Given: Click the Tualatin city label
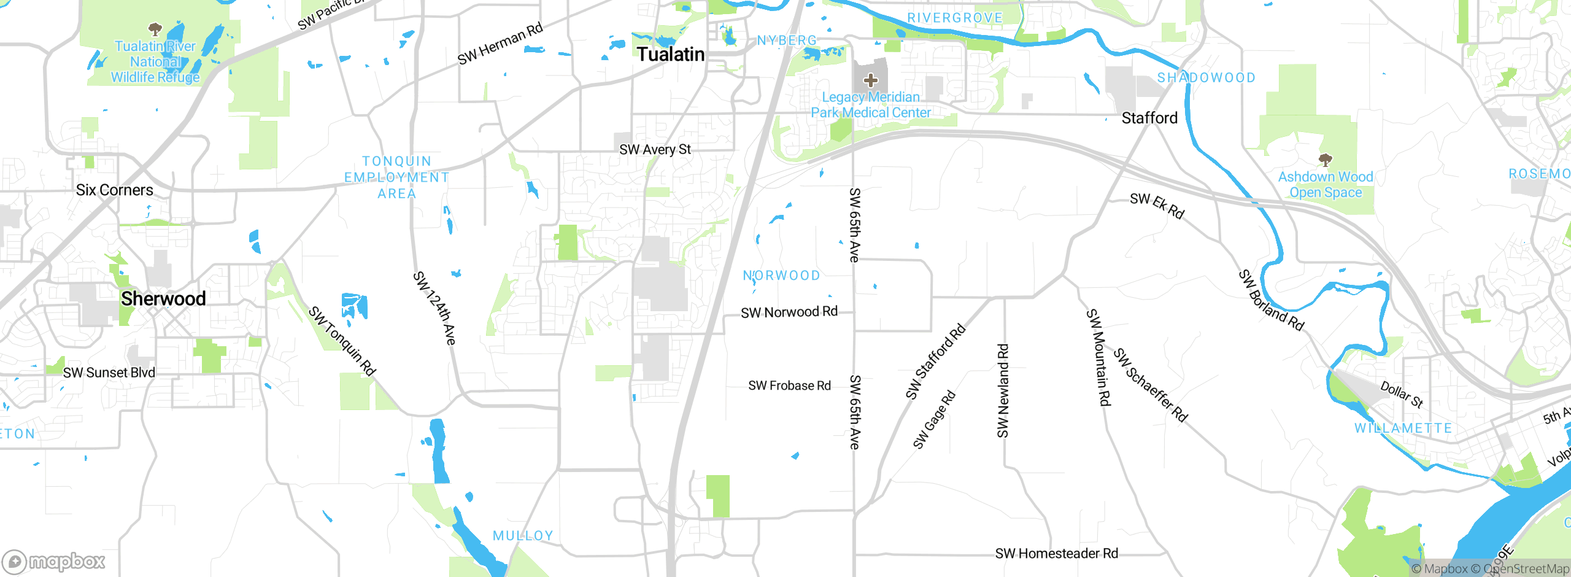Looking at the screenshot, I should click(x=670, y=55).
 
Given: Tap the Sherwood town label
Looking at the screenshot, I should click(x=163, y=299).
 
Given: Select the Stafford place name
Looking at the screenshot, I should click(x=1149, y=118).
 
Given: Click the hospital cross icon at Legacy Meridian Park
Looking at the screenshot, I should click(x=870, y=80).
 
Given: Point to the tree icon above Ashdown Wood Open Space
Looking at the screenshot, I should click(x=1326, y=160).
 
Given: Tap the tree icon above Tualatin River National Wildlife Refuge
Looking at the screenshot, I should click(x=155, y=29).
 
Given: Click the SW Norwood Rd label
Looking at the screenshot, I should click(x=789, y=312).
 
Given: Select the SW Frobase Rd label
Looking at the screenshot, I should click(x=789, y=386).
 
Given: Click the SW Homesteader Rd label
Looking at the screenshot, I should click(x=1056, y=554).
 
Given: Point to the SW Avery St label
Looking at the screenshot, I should click(x=655, y=150).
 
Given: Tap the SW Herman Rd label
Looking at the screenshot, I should click(x=500, y=44).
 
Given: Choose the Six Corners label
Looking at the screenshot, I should click(x=115, y=190).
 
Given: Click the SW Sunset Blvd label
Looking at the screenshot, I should click(x=109, y=373).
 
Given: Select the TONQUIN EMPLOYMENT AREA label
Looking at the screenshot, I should click(x=396, y=177).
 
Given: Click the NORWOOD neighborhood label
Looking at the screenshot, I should click(x=781, y=276).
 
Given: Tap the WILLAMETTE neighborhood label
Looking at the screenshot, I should click(x=1403, y=428).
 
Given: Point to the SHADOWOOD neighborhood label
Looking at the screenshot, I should click(x=1206, y=78).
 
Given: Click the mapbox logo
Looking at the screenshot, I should click(x=54, y=562).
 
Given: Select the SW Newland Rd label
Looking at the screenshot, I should click(x=1003, y=391).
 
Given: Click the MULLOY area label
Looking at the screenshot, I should click(x=523, y=536).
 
